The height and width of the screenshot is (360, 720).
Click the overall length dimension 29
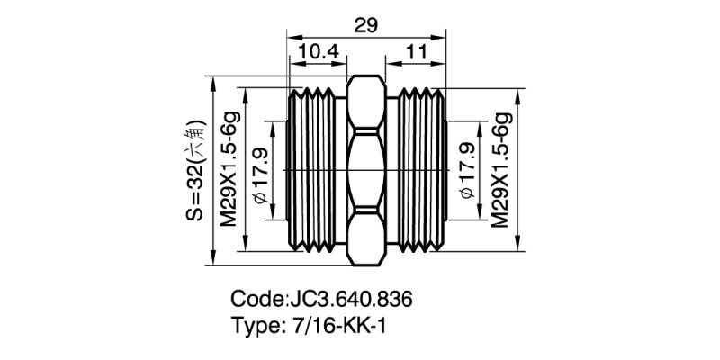(365, 26)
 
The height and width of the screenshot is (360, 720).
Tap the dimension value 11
(416, 54)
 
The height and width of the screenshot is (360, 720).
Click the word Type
(255, 326)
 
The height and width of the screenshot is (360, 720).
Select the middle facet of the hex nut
(365, 170)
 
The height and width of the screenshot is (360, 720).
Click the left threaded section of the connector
(315, 170)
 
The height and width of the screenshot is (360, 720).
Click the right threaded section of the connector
(418, 170)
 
